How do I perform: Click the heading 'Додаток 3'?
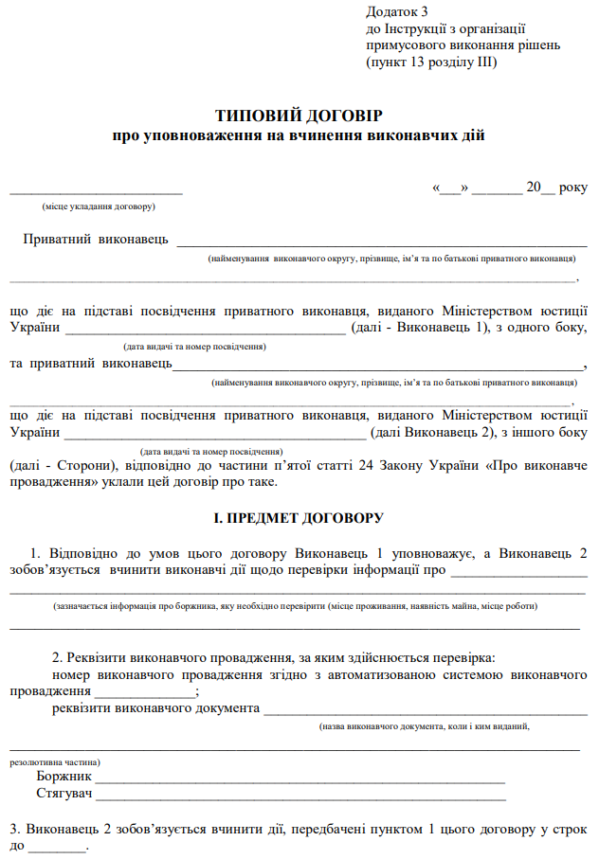pos(397,11)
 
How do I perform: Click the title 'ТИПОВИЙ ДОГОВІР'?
pos(299,116)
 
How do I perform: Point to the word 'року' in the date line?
pos(572,188)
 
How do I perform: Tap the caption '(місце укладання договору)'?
pos(99,206)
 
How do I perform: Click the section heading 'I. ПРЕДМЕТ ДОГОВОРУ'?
pos(299,518)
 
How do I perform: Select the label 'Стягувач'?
pos(64,794)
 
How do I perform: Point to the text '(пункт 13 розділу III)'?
pos(431,63)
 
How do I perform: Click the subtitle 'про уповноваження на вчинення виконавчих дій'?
pos(299,136)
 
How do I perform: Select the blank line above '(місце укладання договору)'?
pos(96,192)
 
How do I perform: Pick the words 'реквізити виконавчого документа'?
pos(156,707)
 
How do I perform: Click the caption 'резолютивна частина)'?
pos(56,761)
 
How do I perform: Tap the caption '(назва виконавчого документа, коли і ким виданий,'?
pos(424,726)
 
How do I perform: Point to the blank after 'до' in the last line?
pos(57,848)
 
